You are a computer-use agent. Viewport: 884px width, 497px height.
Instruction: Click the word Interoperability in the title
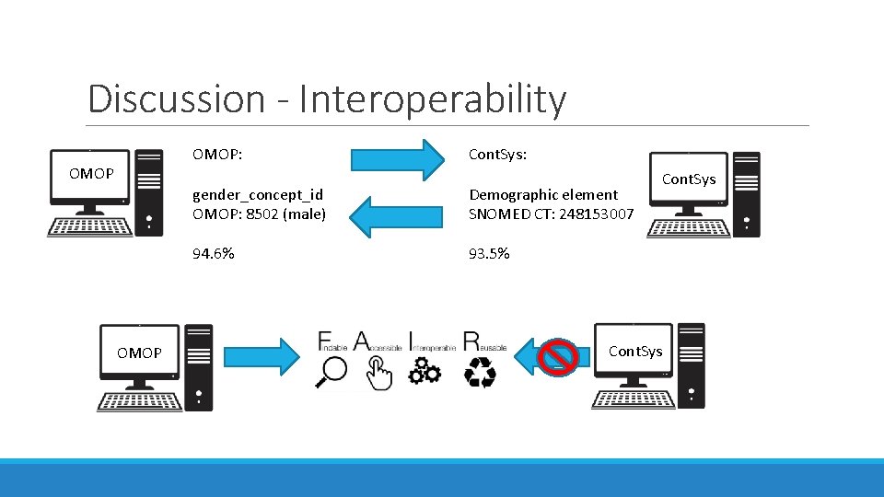tap(432, 99)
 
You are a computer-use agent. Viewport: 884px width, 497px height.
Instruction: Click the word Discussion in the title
tap(176, 99)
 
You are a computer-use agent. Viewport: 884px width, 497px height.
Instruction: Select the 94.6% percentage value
tap(213, 254)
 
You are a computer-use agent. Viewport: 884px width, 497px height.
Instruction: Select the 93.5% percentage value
tap(490, 254)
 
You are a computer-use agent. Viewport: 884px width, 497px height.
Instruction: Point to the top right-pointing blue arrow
tap(397, 159)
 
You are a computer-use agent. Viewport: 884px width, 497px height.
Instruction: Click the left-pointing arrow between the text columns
tap(397, 217)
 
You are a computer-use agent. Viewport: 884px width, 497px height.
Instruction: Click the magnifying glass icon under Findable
tap(332, 370)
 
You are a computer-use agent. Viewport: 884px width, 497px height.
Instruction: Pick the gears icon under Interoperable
tap(425, 371)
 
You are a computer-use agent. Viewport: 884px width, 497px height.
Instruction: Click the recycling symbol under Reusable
tap(480, 371)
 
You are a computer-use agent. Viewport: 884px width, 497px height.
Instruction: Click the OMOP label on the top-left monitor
tap(91, 173)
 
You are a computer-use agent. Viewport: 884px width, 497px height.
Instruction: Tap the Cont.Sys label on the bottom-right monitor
tap(635, 351)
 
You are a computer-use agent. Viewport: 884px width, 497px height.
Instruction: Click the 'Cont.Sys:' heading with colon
tap(497, 154)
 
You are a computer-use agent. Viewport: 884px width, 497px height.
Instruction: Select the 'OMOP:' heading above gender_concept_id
tap(217, 154)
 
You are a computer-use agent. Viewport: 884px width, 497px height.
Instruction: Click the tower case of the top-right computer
tap(747, 193)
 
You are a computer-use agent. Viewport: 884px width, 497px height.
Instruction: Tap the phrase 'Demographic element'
tap(543, 194)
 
